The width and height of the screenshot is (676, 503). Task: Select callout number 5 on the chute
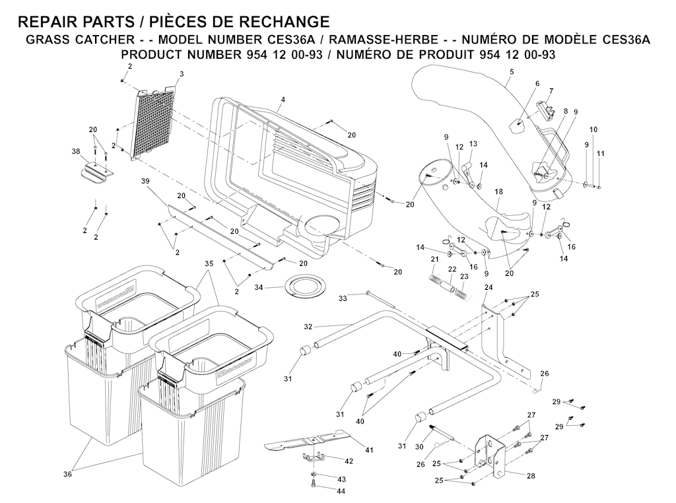pos(512,71)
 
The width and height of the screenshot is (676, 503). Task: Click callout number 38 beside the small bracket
pos(76,151)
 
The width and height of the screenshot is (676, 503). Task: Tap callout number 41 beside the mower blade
pos(369,450)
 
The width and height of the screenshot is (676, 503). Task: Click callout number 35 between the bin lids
pos(209,263)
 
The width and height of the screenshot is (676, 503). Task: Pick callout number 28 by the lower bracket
pos(531,475)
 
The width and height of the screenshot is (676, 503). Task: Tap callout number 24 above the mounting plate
pos(489,287)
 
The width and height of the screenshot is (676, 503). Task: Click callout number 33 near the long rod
pos(343,299)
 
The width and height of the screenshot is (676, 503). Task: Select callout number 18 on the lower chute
pos(498,191)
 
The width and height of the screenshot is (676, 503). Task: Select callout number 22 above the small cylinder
pos(452,269)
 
